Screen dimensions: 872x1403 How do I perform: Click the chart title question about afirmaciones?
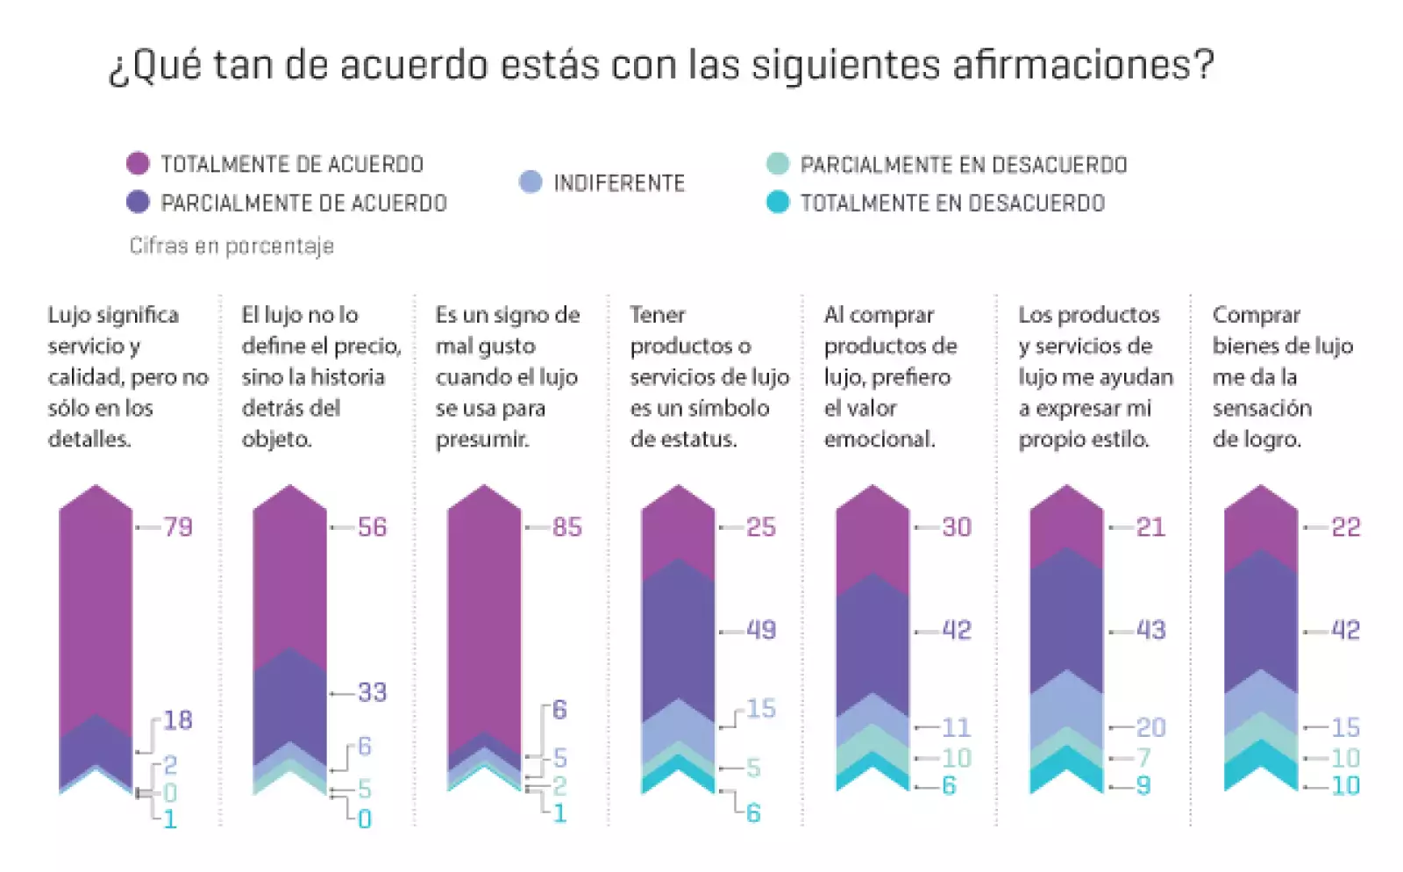pos(661,65)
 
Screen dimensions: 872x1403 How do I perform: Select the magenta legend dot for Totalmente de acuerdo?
pos(138,163)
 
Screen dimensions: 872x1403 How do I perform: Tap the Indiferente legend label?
pos(618,183)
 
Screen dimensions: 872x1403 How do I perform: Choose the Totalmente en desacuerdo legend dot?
pos(778,203)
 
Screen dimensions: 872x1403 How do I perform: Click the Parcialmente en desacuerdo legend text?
pos(963,165)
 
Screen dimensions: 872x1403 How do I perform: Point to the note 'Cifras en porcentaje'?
pos(231,246)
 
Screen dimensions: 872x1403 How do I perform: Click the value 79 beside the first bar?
pos(178,527)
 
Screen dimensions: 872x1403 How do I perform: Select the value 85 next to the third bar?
pos(566,527)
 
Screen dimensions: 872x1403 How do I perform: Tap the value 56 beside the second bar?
pos(372,527)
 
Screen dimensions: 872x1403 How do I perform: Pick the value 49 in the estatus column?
pos(761,630)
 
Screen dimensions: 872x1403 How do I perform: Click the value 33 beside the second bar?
pos(372,692)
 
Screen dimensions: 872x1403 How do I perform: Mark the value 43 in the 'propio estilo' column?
pos(1150,630)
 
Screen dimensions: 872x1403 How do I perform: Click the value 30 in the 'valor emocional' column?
pos(956,527)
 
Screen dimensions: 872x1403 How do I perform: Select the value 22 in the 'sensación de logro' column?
pos(1345,527)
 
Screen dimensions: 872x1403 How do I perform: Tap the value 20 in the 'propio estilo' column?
pos(1150,727)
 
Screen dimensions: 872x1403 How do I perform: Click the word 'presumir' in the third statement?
pos(481,439)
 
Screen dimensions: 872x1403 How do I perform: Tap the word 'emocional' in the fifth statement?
pos(879,439)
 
